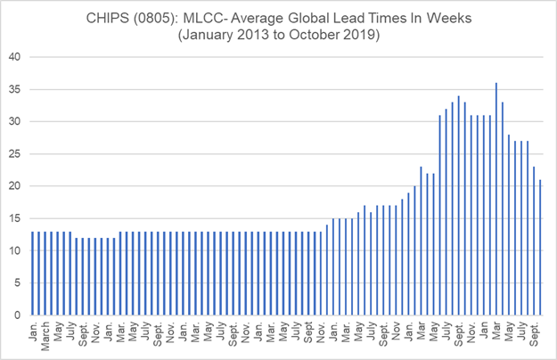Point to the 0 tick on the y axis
[18, 315]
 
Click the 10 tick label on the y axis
[15, 250]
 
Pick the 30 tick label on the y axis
[15, 121]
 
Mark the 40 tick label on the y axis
[15, 57]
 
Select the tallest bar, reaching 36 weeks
[496, 198]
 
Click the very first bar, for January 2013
[33, 273]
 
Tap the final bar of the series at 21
[539, 247]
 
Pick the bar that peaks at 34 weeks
[458, 205]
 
